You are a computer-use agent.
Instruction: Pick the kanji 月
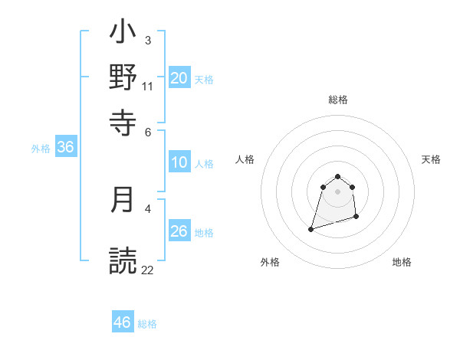123,200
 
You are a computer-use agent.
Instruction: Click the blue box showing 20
179,78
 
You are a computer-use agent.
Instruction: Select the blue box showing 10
179,162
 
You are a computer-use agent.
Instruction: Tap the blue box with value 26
179,231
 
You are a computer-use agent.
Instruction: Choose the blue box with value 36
66,148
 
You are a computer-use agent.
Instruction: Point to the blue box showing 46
123,322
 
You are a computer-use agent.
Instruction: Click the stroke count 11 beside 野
148,86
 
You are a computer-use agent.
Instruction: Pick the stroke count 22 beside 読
148,270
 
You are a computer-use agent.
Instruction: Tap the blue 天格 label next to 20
204,79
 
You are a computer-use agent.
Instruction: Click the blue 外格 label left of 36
41,149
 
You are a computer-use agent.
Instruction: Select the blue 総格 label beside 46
147,323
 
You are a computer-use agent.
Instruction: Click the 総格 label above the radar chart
337,100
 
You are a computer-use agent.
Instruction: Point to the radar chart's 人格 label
245,159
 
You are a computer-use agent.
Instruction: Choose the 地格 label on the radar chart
402,262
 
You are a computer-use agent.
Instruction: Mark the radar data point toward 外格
311,228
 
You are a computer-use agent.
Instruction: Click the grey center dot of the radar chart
337,191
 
